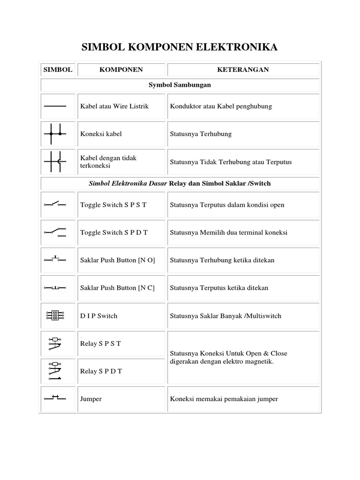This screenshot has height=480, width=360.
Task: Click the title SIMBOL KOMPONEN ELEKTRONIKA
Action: click(180, 47)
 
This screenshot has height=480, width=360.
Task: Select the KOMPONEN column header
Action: click(121, 70)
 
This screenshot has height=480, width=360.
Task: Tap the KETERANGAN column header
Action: click(243, 70)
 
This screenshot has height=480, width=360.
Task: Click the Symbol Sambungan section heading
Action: click(180, 85)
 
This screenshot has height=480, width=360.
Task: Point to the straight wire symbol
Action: click(55, 106)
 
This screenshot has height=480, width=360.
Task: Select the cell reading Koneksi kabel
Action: click(101, 134)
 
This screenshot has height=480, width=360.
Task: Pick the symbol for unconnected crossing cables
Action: click(55, 162)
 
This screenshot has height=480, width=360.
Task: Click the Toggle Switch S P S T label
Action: click(113, 205)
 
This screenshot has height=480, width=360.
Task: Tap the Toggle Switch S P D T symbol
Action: click(55, 232)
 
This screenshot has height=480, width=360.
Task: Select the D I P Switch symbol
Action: click(55, 316)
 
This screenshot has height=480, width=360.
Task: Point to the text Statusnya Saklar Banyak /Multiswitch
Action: click(225, 316)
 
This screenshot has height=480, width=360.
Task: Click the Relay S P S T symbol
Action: click(55, 344)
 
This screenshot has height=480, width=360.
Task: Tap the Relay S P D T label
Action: click(101, 371)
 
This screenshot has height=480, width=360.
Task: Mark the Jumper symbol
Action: click(55, 398)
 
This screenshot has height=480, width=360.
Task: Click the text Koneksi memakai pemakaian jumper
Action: click(224, 399)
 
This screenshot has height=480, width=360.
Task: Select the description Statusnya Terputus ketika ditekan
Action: click(219, 288)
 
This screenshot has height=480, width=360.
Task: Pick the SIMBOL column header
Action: click(58, 70)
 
